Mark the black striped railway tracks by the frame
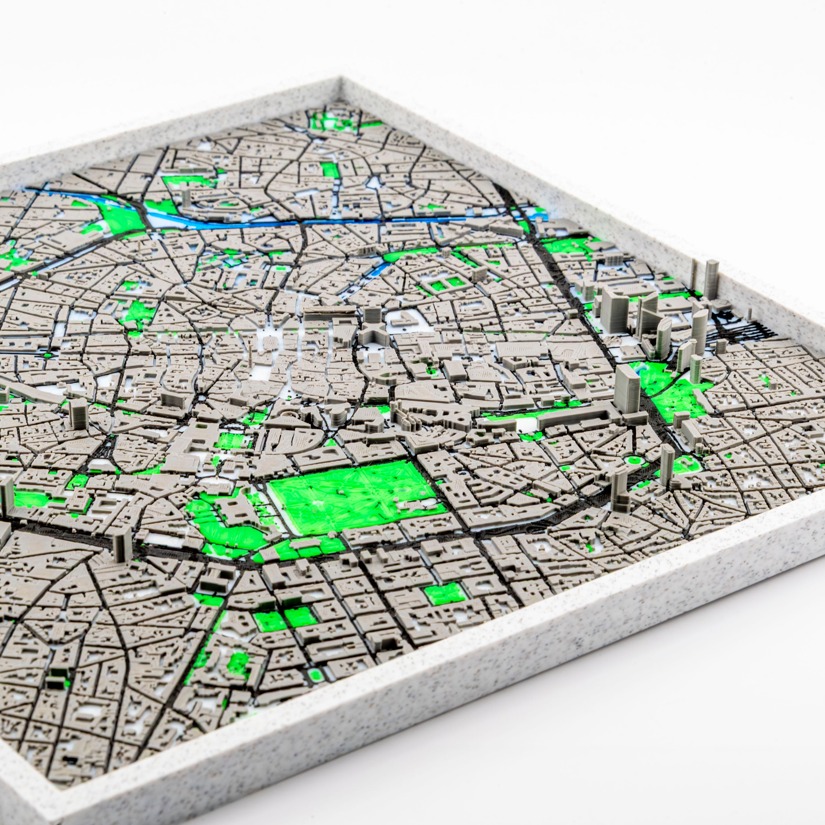tap(743, 327)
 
